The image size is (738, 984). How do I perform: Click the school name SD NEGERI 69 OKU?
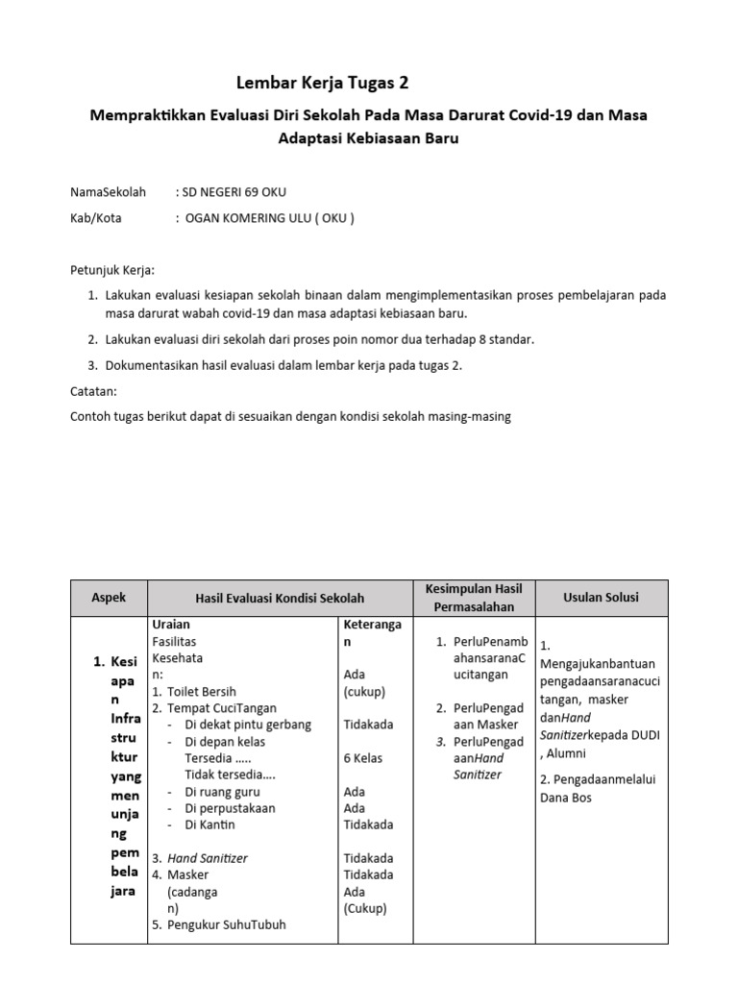tap(234, 192)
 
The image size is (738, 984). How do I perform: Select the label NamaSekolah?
tap(108, 192)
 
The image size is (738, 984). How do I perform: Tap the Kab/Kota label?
tap(96, 217)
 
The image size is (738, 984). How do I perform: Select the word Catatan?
tap(94, 392)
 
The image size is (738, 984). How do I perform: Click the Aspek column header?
tap(108, 597)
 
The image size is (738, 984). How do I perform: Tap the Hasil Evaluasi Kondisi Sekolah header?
tap(280, 598)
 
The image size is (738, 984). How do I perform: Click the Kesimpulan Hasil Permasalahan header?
tap(473, 598)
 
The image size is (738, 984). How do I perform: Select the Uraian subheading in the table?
tap(171, 625)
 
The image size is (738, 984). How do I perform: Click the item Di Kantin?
tap(209, 824)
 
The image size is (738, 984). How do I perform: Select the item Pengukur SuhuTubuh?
tap(226, 924)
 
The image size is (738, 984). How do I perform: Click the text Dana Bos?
tap(566, 798)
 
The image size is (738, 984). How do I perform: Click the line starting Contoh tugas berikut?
tap(291, 416)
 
